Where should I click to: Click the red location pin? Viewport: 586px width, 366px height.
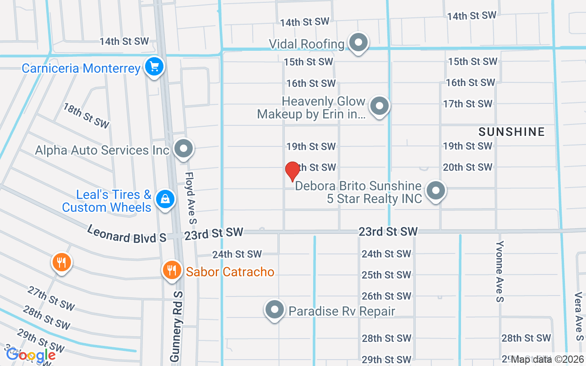pyautogui.click(x=292, y=171)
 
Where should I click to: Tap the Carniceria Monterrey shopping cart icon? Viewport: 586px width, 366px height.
pyautogui.click(x=154, y=67)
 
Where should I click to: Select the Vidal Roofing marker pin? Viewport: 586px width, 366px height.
pyautogui.click(x=358, y=43)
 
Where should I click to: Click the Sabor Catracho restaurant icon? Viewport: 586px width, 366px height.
pyautogui.click(x=172, y=270)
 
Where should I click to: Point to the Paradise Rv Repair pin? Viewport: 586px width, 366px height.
pyautogui.click(x=275, y=310)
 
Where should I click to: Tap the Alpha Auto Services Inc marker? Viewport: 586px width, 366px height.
pyautogui.click(x=184, y=149)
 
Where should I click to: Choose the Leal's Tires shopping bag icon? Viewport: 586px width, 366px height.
pyautogui.click(x=165, y=199)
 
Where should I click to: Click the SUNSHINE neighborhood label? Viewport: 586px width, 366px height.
pyautogui.click(x=511, y=132)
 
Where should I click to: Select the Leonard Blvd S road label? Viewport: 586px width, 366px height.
pyautogui.click(x=126, y=233)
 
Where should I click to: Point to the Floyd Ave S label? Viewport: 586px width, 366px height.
pyautogui.click(x=190, y=198)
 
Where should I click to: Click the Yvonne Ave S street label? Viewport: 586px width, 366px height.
pyautogui.click(x=500, y=271)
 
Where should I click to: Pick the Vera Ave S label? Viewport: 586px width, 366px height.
pyautogui.click(x=578, y=315)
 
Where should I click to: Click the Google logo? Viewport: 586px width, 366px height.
pyautogui.click(x=31, y=355)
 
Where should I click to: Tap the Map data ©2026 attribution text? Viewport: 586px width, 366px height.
pyautogui.click(x=547, y=360)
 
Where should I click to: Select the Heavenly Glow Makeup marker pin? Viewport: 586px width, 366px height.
pyautogui.click(x=379, y=107)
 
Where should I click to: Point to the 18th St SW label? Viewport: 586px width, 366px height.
pyautogui.click(x=87, y=115)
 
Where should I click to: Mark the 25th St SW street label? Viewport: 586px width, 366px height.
pyautogui.click(x=386, y=275)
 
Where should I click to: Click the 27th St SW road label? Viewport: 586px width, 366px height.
pyautogui.click(x=51, y=298)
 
